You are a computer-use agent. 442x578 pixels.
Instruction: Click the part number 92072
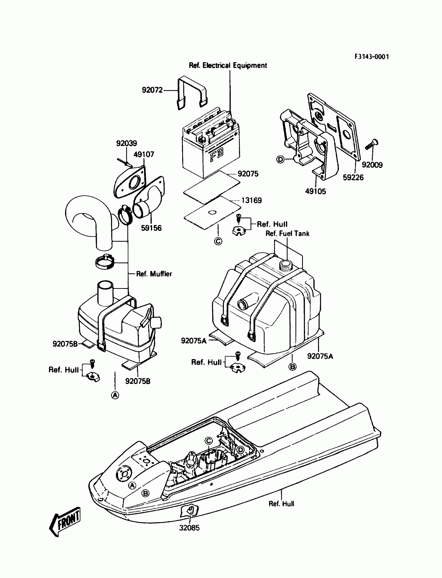point(152,90)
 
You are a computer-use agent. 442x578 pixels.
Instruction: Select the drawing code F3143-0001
point(372,57)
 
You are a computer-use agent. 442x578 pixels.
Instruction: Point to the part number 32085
point(190,528)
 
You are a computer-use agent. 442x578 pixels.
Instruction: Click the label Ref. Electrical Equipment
point(228,66)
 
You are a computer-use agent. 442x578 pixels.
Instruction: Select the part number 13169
point(251,200)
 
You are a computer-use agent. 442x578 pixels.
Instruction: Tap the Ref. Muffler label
point(154,274)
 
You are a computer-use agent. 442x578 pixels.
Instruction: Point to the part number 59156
point(151,228)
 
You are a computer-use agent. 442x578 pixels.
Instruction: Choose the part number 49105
point(315,191)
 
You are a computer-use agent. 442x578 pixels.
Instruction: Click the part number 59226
point(353,178)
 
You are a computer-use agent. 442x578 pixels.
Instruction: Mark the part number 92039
point(127,143)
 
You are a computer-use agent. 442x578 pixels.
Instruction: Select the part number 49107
point(144,154)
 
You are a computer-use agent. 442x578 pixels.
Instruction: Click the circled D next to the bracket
point(281,159)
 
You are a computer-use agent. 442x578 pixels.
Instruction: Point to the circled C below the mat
point(218,241)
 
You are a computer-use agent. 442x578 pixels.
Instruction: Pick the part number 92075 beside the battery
point(248,174)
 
